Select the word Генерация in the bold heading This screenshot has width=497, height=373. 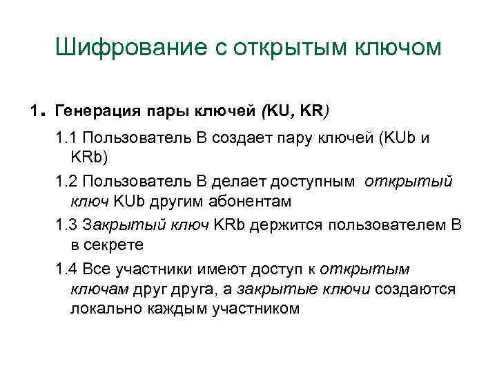tap(95, 110)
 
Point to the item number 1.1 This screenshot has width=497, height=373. tap(66, 140)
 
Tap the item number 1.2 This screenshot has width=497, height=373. tap(66, 182)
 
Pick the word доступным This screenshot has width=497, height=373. tap(313, 182)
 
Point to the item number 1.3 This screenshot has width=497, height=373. tap(66, 224)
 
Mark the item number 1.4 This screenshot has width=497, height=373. tap(66, 267)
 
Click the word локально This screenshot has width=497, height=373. tap(104, 308)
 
